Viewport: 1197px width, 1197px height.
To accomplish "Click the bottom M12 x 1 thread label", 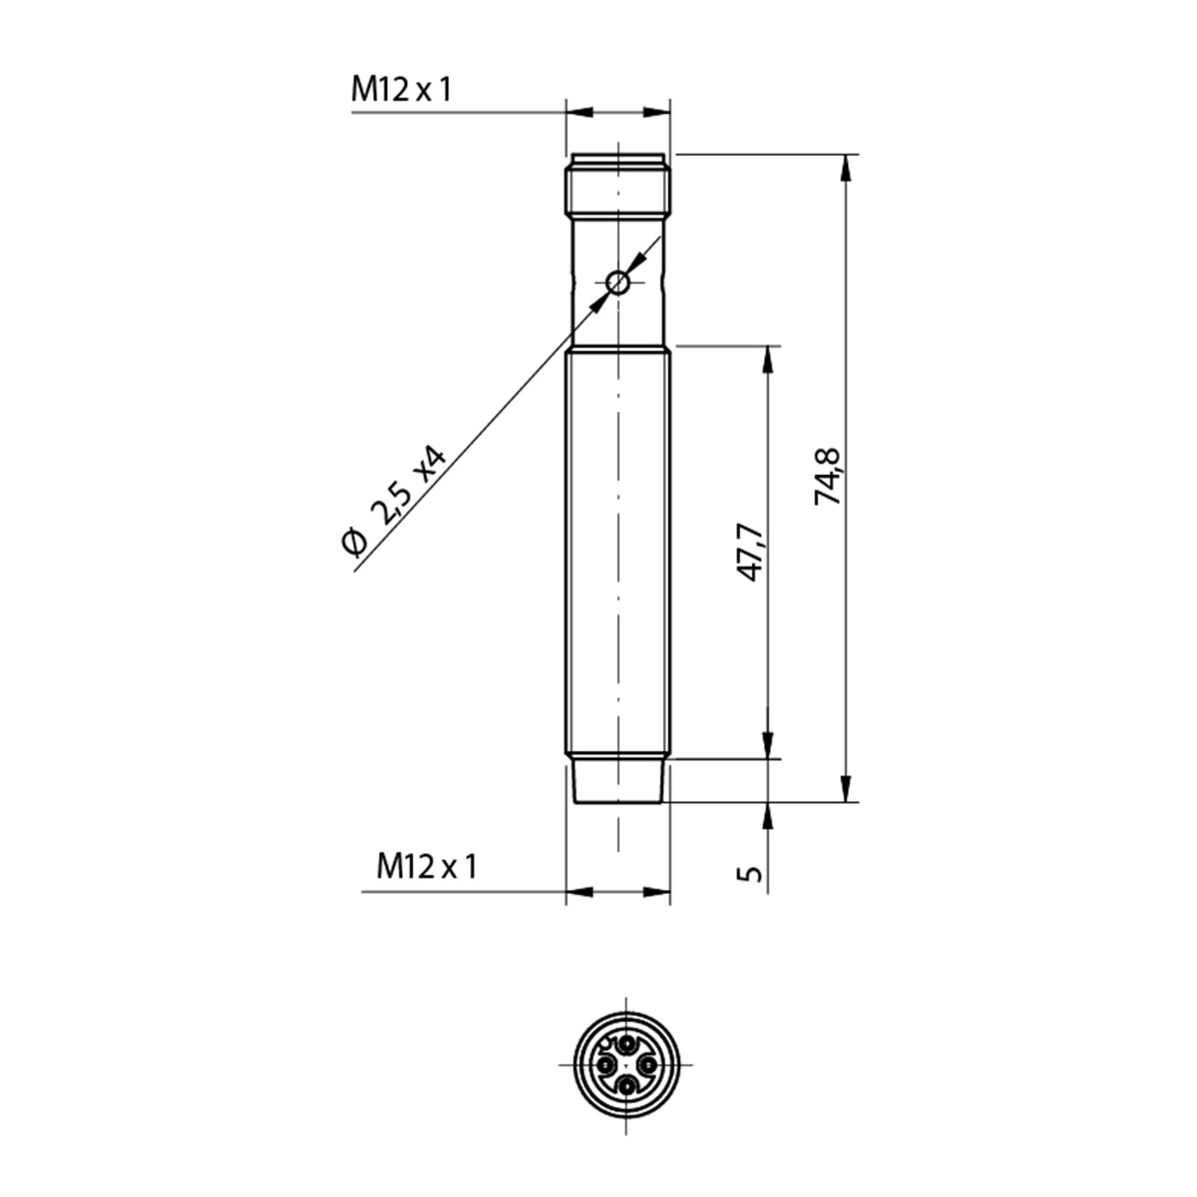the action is click(x=427, y=866).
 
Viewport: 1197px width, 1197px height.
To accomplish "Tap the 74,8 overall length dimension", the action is click(x=827, y=477).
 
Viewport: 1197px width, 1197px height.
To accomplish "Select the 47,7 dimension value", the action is click(x=750, y=553).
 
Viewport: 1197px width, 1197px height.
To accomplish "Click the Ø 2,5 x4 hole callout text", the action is click(x=394, y=500).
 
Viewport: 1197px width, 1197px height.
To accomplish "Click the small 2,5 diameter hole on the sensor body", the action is click(x=618, y=283).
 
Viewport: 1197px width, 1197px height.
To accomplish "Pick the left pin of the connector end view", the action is click(x=605, y=1064).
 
